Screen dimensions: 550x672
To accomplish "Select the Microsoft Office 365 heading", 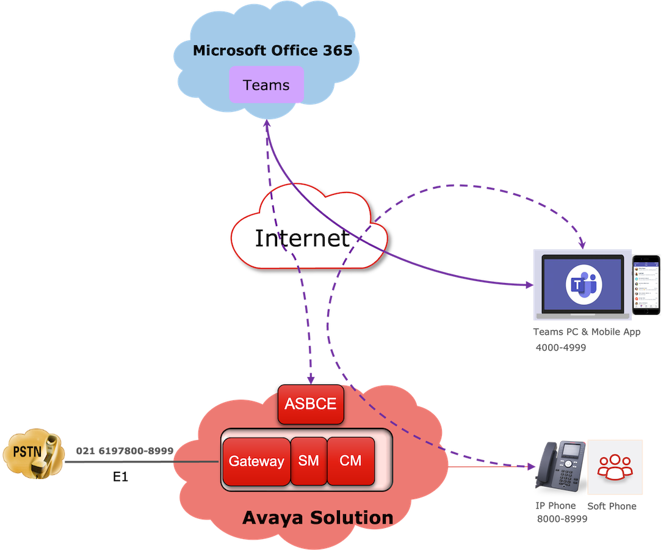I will click(272, 50).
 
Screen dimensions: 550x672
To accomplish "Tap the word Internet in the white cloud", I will click(302, 238).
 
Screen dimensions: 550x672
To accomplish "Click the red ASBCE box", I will click(310, 404).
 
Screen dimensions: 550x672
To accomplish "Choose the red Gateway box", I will click(256, 461).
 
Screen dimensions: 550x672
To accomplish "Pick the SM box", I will click(309, 461).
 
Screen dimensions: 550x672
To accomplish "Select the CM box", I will click(350, 461).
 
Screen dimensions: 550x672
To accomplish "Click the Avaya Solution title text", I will click(317, 518).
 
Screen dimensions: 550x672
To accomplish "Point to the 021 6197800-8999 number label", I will click(125, 451).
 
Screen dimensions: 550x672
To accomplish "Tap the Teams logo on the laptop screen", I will click(583, 285).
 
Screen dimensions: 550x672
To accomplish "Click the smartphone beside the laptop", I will click(646, 285).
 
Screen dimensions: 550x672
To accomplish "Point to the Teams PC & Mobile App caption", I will click(587, 332).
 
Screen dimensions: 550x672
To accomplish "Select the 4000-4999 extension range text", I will click(561, 347).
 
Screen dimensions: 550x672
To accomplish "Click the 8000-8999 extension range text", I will click(562, 519).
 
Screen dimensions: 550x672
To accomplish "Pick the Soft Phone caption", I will click(612, 506).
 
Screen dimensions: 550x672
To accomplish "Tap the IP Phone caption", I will click(555, 506).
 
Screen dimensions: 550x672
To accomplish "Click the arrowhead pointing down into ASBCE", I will click(311, 380).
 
